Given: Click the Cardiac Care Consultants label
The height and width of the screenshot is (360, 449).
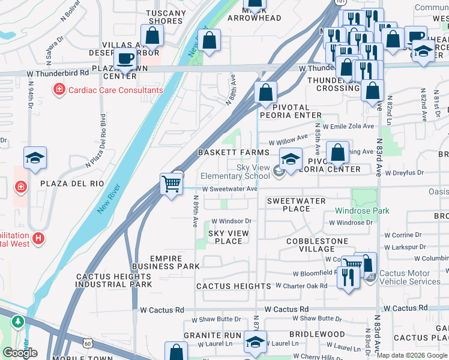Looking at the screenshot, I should click(115, 90).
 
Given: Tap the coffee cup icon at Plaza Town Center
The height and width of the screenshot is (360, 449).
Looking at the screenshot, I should click(125, 60).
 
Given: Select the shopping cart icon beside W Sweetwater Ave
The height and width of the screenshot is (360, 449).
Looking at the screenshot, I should click(172, 184).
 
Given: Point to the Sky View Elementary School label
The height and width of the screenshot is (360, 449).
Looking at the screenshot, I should click(235, 172).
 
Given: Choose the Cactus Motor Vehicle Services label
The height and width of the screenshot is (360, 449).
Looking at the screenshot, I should click(410, 277).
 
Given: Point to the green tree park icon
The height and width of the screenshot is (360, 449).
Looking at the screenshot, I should click(19, 322).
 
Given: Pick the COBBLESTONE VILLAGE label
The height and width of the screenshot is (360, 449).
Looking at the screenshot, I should click(317, 245).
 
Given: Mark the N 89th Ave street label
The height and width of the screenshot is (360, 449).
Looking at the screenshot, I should click(195, 213).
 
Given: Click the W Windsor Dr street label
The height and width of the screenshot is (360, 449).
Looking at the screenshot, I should click(231, 221).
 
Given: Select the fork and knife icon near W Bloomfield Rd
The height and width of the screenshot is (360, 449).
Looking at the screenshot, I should click(348, 277).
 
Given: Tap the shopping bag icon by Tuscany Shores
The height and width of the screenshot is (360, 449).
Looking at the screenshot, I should click(152, 36).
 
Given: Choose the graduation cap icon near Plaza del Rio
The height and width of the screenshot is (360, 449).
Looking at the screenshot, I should click(35, 158).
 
